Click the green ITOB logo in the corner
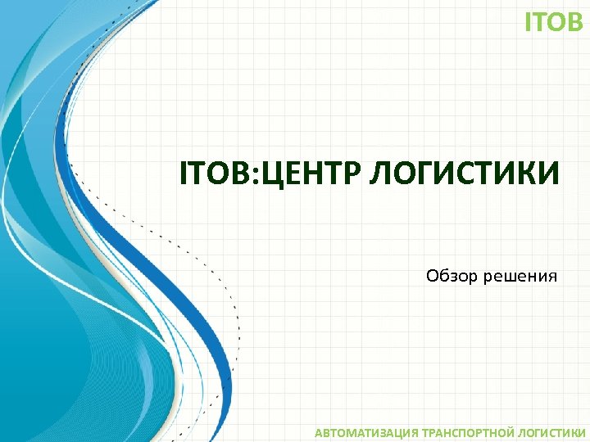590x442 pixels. coord(553,22)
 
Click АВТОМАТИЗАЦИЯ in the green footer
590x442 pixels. coord(366,431)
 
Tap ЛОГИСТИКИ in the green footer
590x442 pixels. coord(548,431)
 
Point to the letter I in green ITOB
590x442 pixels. coord(528,22)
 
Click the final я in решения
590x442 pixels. coord(552,277)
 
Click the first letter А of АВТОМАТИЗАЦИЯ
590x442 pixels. coord(320,431)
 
